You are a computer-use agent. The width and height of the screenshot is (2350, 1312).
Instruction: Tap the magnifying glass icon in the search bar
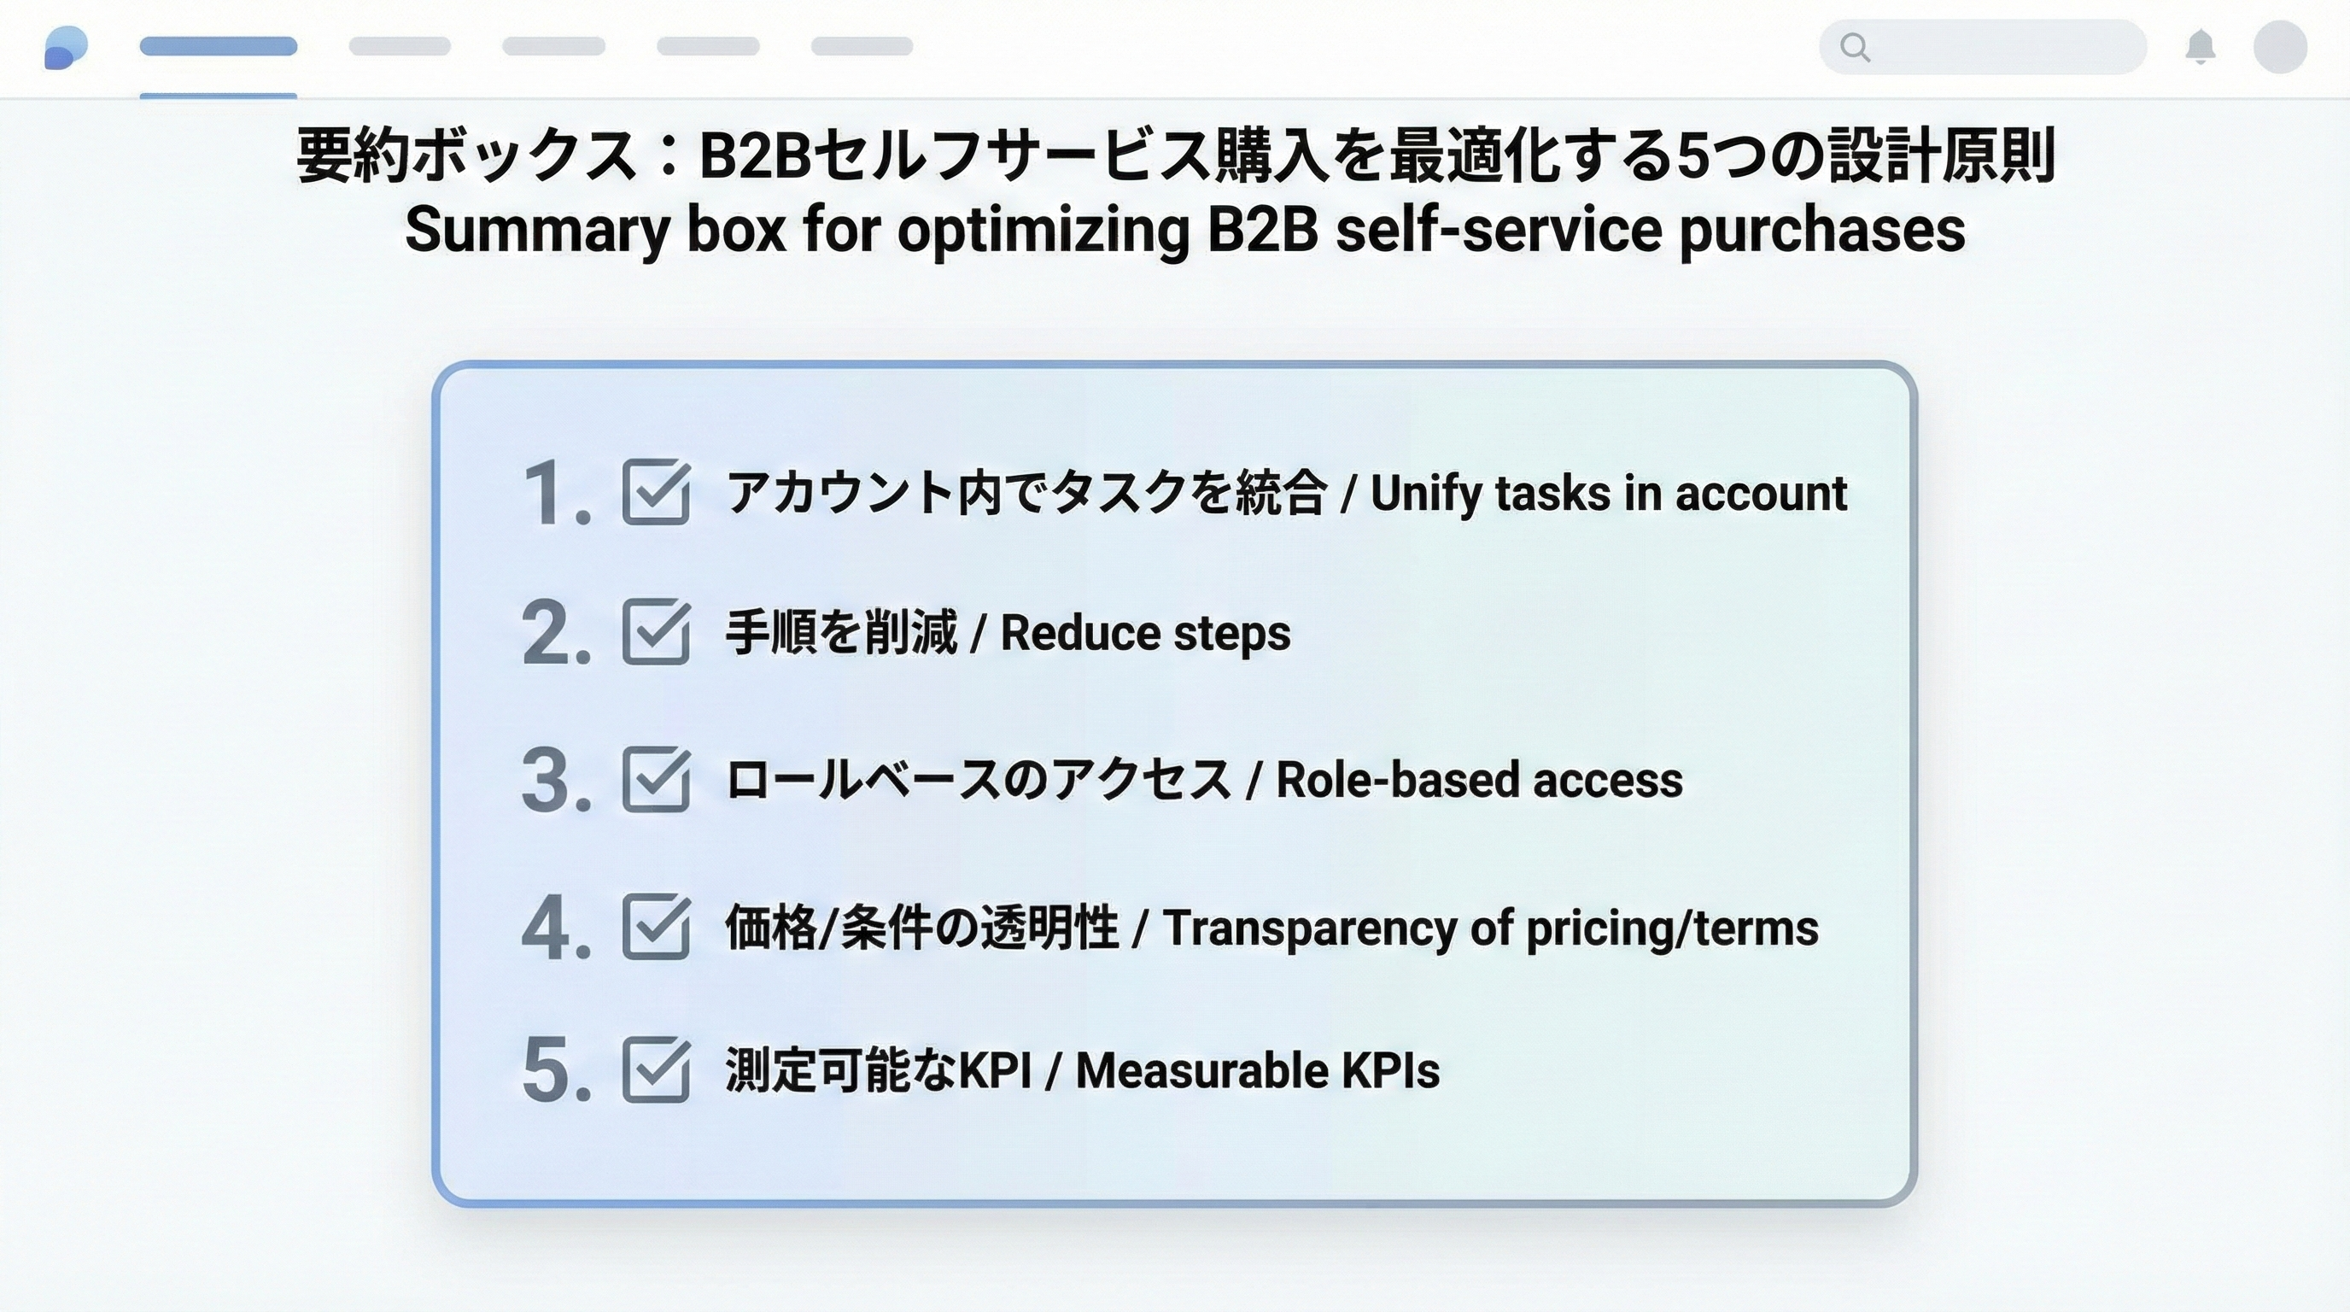(1854, 46)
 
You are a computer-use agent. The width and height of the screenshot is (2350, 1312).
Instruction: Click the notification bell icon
(2201, 46)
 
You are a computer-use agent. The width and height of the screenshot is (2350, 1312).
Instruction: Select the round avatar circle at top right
(2280, 46)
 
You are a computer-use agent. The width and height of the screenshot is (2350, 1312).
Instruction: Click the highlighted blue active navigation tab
(218, 46)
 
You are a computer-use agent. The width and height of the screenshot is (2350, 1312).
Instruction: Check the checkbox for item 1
(656, 492)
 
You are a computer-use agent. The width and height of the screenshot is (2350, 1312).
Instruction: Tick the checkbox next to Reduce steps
(656, 631)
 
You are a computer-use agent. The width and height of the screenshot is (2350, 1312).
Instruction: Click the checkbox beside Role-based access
(656, 779)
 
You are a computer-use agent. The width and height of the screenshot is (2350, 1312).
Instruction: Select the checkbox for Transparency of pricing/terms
(656, 927)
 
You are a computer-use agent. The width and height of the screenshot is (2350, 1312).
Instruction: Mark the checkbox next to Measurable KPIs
(656, 1069)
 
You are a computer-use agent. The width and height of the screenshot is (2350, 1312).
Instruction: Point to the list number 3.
(555, 780)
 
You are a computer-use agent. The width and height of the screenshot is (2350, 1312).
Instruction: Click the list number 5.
(555, 1069)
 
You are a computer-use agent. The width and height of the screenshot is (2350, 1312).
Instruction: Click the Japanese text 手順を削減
(840, 632)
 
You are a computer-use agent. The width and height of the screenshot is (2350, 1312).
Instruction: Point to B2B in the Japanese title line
(755, 155)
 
